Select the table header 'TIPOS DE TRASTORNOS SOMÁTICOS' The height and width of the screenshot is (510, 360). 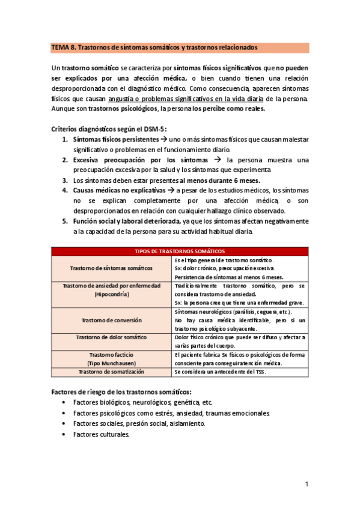180,251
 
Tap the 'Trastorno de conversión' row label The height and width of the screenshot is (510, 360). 111,320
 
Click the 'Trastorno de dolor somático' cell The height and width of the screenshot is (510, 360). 111,337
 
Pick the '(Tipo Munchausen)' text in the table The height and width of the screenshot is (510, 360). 111,363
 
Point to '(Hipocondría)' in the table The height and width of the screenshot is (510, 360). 111,295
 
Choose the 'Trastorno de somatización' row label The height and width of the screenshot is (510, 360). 111,372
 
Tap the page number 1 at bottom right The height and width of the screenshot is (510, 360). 306,484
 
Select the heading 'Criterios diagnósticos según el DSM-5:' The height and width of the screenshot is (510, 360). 108,129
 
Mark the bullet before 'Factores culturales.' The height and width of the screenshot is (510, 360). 65,434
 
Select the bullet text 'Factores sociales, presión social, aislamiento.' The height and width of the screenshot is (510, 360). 139,423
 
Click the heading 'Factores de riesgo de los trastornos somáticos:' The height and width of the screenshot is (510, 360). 121,392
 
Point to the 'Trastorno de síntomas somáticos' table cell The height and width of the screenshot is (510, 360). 111,268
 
